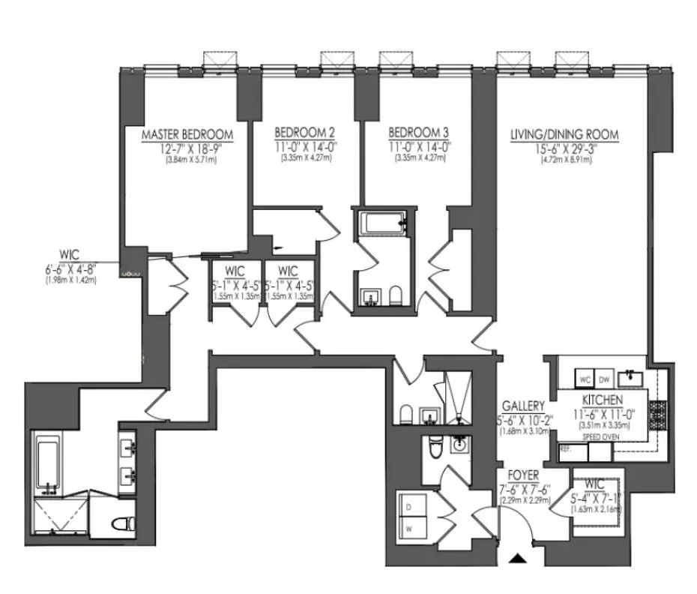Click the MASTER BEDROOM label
(187, 135)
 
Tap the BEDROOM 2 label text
(298, 129)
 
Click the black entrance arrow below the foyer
(517, 559)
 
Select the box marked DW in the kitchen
(605, 379)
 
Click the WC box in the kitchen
(585, 379)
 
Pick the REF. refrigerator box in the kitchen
(566, 450)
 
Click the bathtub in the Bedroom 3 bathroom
(382, 222)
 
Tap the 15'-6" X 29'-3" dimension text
(564, 148)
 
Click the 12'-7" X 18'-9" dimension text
(187, 148)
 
